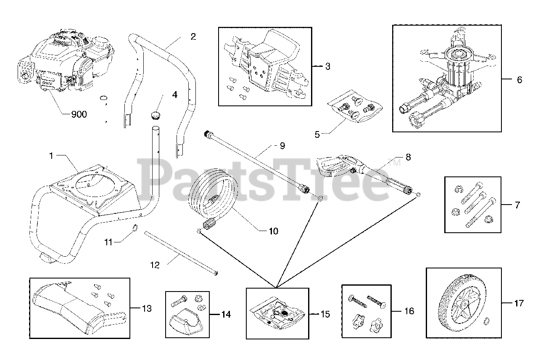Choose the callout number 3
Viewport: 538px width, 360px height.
328,66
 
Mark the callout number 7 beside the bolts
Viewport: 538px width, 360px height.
517,205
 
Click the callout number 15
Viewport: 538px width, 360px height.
325,314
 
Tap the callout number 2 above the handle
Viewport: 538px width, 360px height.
193,36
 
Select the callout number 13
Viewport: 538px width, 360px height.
147,309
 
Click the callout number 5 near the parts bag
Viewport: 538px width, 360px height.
317,134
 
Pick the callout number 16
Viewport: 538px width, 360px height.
409,311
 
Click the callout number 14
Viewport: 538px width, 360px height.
226,314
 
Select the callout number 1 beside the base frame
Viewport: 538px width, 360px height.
51,156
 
